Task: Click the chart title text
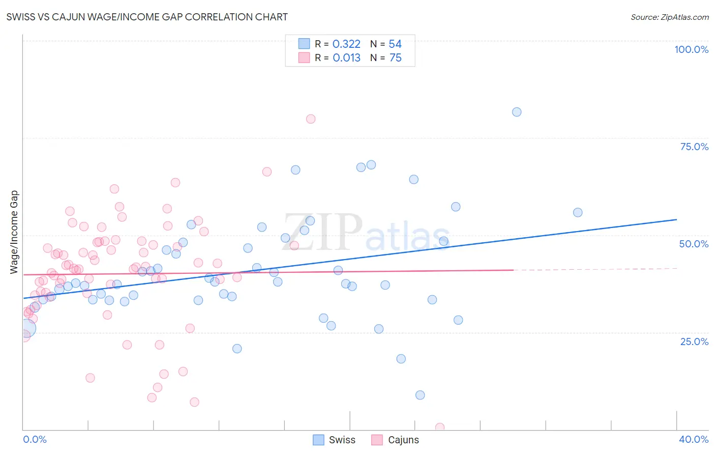pos(147,17)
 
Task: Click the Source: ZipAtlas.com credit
pos(669,17)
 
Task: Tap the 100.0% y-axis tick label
pos(691,49)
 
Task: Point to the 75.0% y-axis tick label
pos(694,147)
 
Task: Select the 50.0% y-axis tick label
pos(694,244)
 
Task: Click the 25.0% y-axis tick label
pos(694,341)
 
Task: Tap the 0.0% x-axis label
pos(35,439)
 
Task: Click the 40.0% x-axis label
pos(693,439)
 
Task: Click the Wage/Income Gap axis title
pos(14,232)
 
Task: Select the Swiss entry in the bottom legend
pos(342,440)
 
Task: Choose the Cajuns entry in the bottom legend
pos(403,440)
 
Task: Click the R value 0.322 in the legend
pos(346,44)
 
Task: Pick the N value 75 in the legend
pos(396,58)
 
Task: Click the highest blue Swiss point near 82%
pos(517,112)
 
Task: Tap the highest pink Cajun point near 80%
pos(311,119)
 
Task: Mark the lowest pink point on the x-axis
pos(440,428)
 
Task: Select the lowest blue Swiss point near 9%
pos(420,395)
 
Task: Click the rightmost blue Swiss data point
pos(578,213)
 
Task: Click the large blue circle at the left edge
pos(27,328)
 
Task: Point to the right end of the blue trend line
pos(676,219)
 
